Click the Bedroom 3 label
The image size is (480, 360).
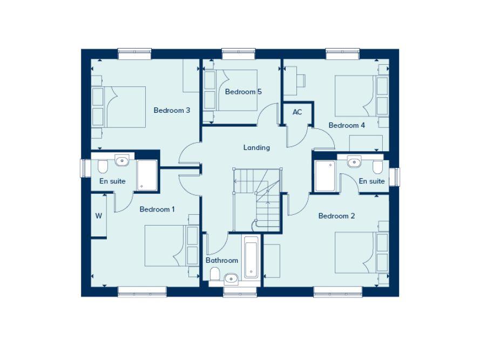172,111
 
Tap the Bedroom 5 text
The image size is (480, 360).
243,92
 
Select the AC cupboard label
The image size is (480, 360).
297,112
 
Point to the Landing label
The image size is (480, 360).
256,147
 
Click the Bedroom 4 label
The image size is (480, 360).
347,125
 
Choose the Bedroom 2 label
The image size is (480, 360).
336,216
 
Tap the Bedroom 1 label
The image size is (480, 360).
157,209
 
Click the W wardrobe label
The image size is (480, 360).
98,216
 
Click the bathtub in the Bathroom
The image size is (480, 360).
251,258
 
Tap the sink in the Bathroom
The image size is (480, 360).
231,278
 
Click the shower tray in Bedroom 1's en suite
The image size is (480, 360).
146,175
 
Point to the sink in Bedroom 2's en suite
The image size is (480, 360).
354,161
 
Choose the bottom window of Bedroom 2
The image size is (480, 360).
334,291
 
